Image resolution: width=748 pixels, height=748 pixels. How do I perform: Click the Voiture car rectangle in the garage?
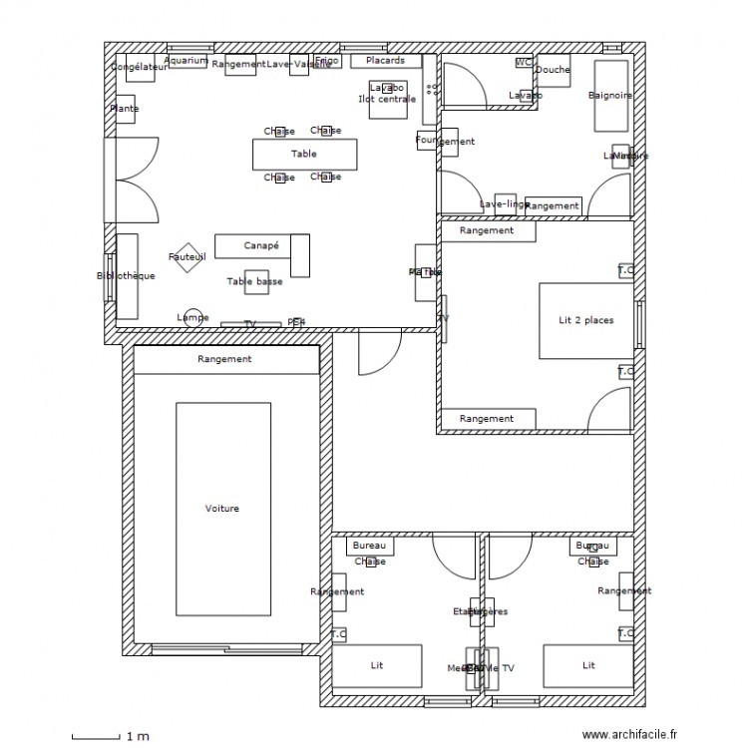click(222, 509)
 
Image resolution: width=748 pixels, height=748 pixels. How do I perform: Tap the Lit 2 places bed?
click(585, 320)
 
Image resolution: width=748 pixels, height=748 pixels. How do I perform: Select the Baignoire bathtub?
click(610, 96)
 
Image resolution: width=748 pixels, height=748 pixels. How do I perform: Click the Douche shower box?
click(553, 71)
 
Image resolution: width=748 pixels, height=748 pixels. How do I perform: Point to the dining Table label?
click(304, 155)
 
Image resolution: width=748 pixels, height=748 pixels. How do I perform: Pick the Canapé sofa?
click(262, 245)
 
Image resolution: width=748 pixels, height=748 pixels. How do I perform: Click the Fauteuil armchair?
click(187, 257)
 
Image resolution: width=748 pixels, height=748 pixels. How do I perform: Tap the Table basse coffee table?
click(255, 282)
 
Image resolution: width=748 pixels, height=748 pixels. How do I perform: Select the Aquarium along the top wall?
click(187, 61)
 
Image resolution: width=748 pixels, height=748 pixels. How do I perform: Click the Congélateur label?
click(140, 67)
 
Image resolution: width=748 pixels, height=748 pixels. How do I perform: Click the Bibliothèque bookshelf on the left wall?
click(127, 276)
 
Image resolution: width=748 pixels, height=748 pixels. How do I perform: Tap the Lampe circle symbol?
click(192, 317)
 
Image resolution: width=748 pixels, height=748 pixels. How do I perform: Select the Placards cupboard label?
click(385, 61)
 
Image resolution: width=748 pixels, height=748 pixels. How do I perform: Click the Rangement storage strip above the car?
click(225, 360)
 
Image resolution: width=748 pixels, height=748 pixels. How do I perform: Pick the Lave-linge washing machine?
click(505, 203)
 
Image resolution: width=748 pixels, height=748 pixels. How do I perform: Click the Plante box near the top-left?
click(125, 109)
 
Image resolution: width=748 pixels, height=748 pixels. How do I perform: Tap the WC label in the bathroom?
click(523, 62)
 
